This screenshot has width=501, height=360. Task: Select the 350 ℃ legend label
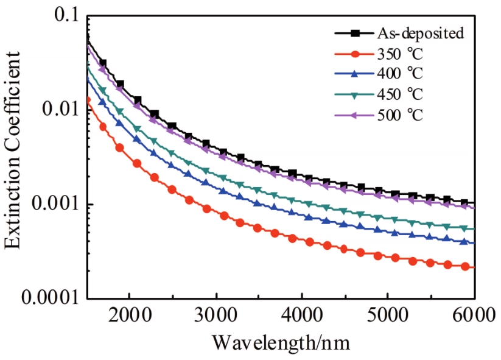[400, 54]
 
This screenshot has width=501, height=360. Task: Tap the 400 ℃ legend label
[400, 74]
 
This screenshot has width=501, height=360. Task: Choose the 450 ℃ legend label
[400, 94]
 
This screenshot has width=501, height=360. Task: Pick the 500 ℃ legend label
[400, 115]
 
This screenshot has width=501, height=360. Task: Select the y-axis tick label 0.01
[58, 110]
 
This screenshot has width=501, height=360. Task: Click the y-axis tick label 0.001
[51, 205]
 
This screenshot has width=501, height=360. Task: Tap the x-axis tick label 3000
[216, 317]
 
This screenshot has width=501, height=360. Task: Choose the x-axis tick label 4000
[302, 317]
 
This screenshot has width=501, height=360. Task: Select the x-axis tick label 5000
[388, 317]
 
